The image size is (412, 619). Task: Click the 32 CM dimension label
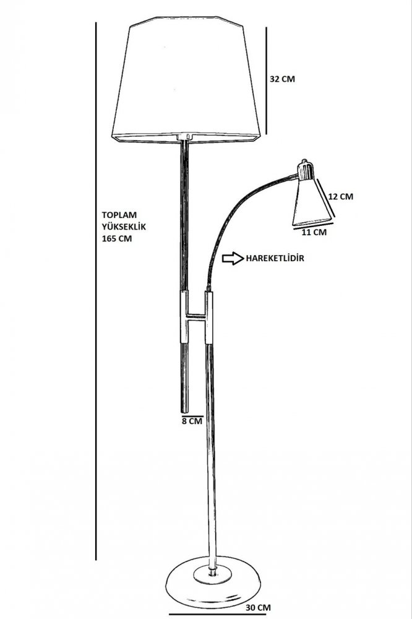click(282, 79)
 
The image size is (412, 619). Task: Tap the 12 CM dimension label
click(341, 196)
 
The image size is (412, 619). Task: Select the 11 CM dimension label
click(314, 232)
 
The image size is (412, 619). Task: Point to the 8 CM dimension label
click(192, 421)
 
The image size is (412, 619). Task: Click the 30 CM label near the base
click(258, 608)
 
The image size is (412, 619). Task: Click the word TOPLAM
click(119, 215)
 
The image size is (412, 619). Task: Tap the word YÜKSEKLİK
click(124, 227)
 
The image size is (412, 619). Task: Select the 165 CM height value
click(117, 238)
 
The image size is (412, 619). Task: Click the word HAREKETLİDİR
click(275, 259)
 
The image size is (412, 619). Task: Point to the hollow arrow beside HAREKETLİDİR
click(233, 258)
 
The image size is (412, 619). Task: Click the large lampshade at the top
click(186, 79)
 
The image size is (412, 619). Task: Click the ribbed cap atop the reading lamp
click(306, 170)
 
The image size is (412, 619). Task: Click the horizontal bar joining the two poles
click(197, 316)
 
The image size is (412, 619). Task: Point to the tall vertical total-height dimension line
click(96, 291)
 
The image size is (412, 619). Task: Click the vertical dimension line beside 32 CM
click(266, 81)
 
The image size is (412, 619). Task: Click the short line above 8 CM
click(192, 416)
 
